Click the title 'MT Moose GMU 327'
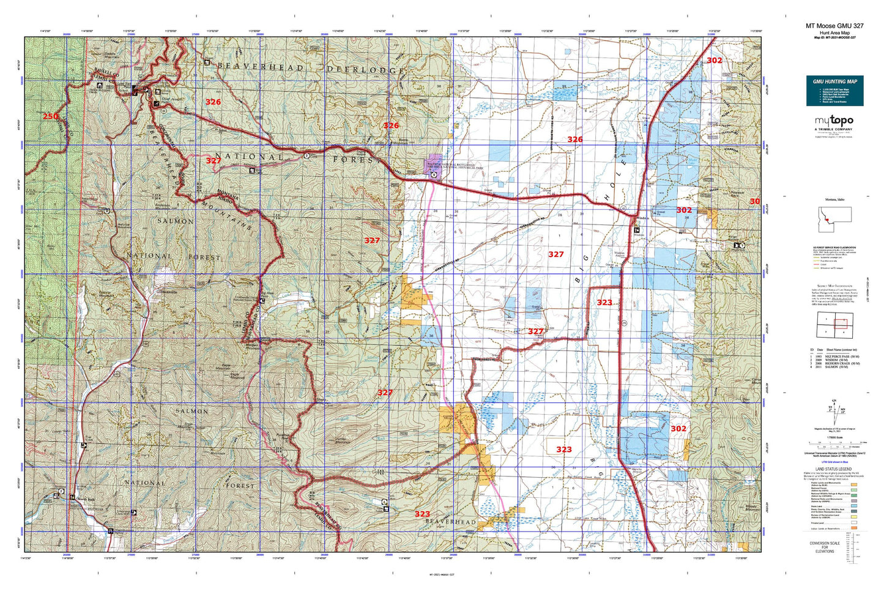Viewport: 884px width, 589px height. click(x=834, y=26)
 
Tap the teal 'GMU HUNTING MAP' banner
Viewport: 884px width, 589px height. click(x=834, y=81)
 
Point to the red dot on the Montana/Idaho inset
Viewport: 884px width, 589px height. click(x=826, y=219)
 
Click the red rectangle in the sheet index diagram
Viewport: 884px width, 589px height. click(x=841, y=324)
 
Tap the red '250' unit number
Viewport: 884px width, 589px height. click(x=51, y=116)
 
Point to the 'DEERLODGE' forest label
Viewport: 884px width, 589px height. click(x=365, y=70)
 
